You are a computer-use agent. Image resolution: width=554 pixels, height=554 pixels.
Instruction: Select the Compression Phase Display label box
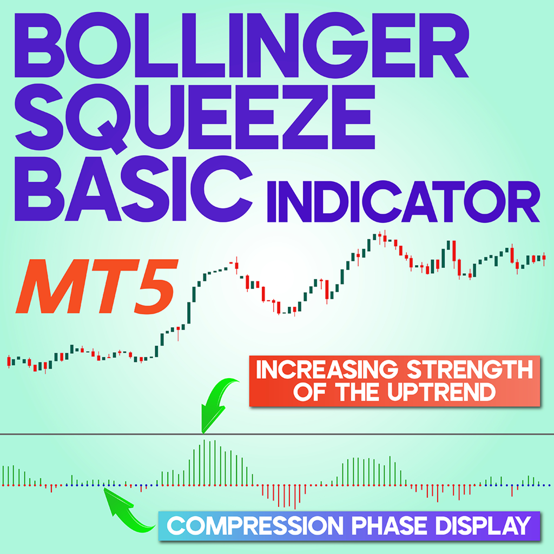pos(348,525)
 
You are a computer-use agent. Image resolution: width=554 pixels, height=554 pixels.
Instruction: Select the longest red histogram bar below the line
pos(295,497)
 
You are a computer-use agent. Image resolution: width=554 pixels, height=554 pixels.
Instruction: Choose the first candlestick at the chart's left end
pos(9,361)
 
